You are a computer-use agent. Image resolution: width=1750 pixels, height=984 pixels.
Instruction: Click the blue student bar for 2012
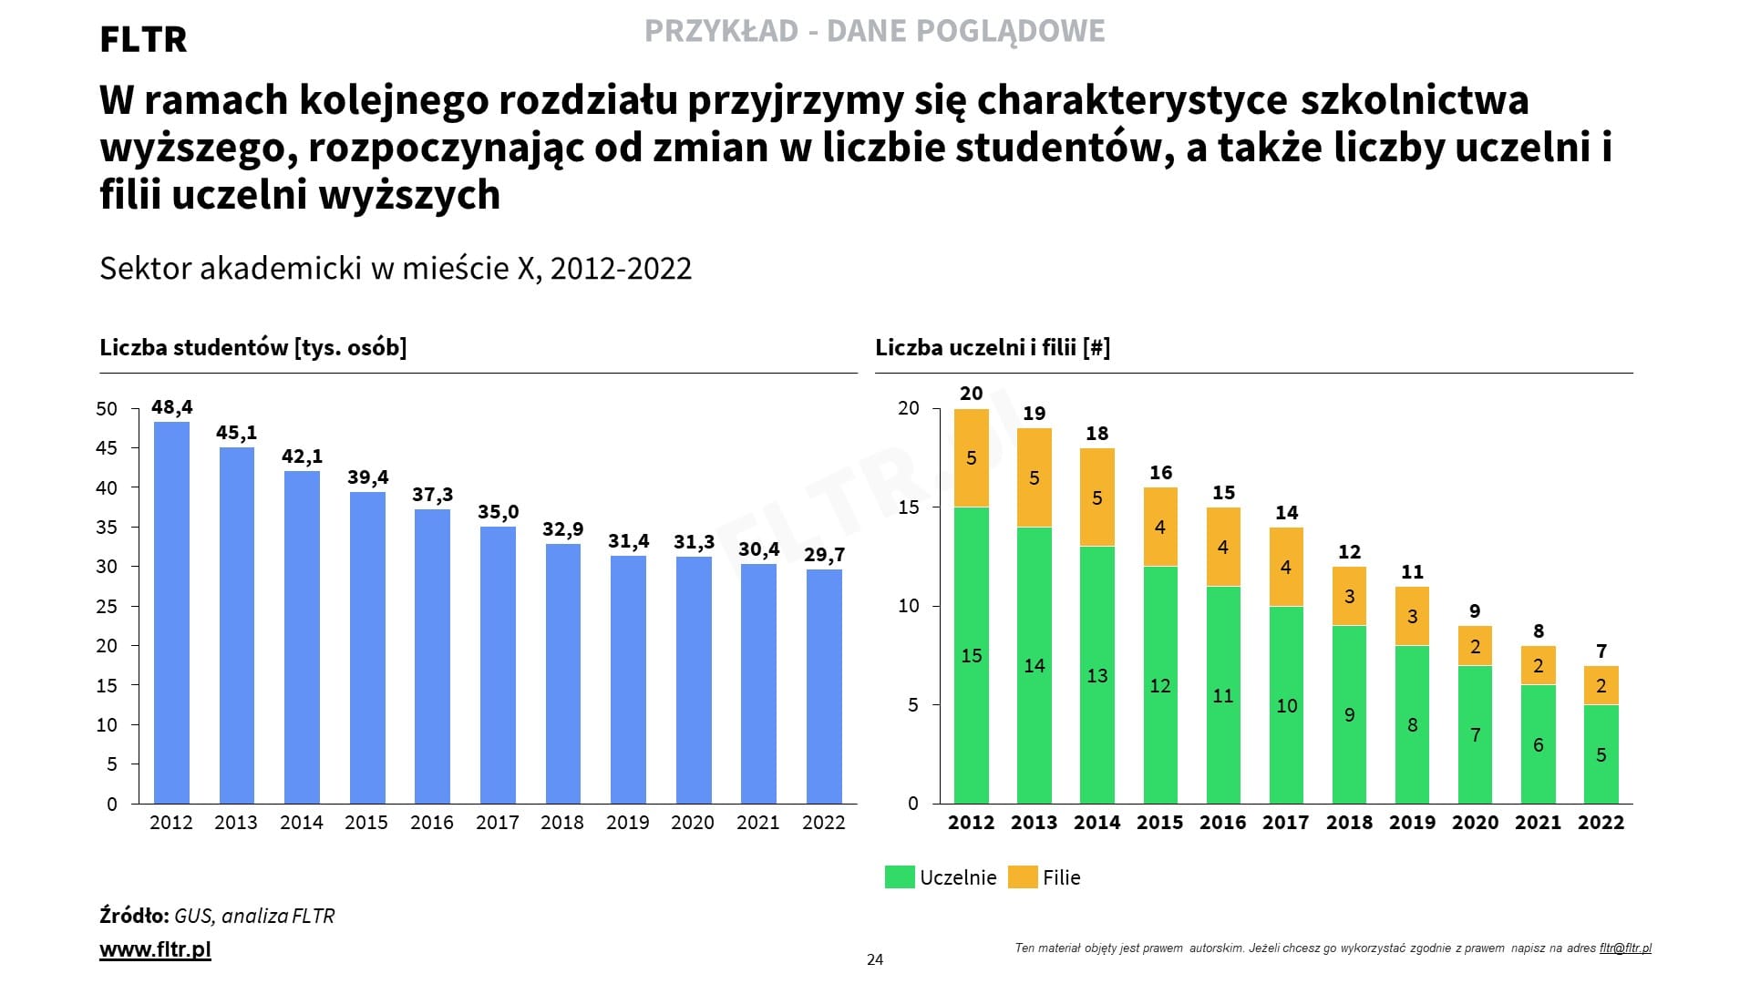tap(171, 612)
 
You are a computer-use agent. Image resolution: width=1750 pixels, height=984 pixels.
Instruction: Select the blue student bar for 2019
tap(628, 680)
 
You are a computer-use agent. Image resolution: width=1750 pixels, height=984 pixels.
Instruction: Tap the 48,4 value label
tap(171, 407)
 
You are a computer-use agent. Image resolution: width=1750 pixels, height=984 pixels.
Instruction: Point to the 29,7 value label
tap(824, 555)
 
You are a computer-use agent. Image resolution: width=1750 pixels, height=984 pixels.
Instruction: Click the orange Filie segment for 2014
tap(1096, 497)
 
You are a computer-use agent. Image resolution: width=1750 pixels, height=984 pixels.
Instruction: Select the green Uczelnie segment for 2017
tap(1286, 705)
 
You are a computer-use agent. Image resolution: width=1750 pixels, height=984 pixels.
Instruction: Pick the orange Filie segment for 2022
tap(1601, 685)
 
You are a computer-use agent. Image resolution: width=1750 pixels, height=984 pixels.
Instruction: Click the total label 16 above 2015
tap(1160, 472)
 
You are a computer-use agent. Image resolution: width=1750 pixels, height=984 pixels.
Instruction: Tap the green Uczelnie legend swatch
tap(899, 877)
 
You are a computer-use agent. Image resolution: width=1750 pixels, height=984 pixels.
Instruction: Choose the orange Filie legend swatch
tap(1023, 877)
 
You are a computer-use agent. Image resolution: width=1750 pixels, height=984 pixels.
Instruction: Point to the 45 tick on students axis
tap(107, 448)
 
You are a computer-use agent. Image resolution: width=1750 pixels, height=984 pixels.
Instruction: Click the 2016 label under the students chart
tap(431, 823)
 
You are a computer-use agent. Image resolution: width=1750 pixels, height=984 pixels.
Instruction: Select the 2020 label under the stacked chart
tap(1475, 823)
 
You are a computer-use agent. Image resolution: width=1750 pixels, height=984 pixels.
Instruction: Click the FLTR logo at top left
tap(143, 39)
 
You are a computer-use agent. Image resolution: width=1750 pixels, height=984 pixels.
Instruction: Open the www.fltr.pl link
tap(155, 949)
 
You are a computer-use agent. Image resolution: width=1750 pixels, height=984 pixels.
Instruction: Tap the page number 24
tap(875, 959)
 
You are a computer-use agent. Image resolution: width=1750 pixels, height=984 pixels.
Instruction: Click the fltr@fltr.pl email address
tap(1625, 948)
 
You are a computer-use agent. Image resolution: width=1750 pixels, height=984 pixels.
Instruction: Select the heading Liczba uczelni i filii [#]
tap(993, 347)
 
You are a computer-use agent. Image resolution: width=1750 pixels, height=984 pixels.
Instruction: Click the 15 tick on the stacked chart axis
tap(909, 507)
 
